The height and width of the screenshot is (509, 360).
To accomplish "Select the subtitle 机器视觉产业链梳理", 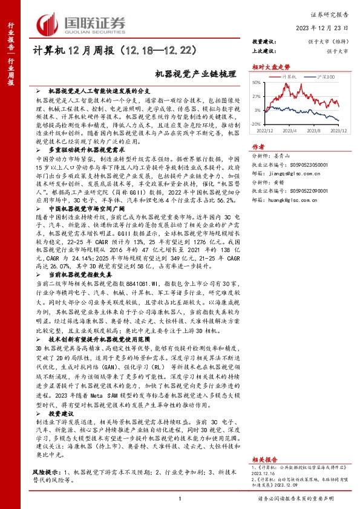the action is pyautogui.click(x=185, y=73).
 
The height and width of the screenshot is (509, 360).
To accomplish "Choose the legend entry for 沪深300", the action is pyautogui.click(x=324, y=77).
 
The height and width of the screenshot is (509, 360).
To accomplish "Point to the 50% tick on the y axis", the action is pyautogui.click(x=257, y=82).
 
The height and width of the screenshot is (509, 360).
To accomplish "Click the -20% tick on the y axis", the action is pyautogui.click(x=256, y=123).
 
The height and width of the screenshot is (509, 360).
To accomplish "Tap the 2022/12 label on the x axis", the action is pyautogui.click(x=266, y=129).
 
